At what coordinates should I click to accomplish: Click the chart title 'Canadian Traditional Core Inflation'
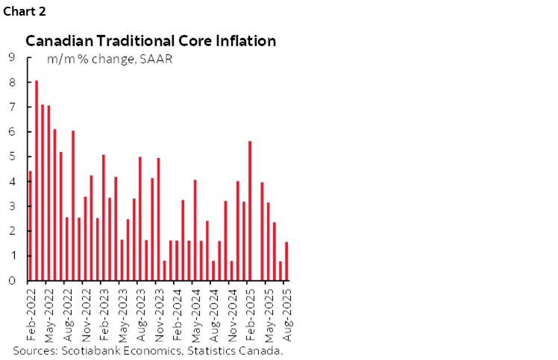(x=151, y=41)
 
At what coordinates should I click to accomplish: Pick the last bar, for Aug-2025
(x=286, y=261)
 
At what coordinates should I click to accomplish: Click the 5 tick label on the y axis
(x=12, y=157)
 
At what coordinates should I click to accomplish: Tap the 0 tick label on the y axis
(x=12, y=281)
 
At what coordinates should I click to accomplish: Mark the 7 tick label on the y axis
(x=12, y=107)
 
